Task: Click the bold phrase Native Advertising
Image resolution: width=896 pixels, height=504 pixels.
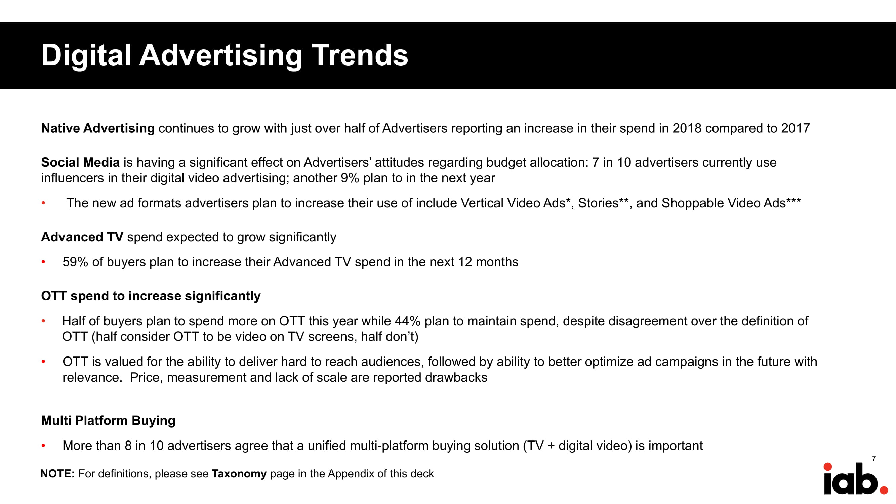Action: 98,128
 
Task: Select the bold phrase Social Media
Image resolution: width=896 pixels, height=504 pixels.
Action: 80,162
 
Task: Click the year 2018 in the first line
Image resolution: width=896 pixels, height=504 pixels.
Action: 687,128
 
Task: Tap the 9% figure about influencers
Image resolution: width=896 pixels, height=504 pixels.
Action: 350,178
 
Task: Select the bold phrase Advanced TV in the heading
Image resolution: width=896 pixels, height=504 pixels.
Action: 82,237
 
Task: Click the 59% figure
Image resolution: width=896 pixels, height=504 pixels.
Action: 75,262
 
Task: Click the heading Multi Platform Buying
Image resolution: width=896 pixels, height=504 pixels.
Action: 108,421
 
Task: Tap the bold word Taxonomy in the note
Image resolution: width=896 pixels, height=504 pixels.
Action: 239,474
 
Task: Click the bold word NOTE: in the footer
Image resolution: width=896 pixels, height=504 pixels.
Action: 58,474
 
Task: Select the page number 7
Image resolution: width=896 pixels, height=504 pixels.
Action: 874,458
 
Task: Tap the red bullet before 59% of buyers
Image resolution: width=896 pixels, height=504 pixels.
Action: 43,262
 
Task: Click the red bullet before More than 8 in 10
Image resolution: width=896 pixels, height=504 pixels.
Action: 43,446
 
